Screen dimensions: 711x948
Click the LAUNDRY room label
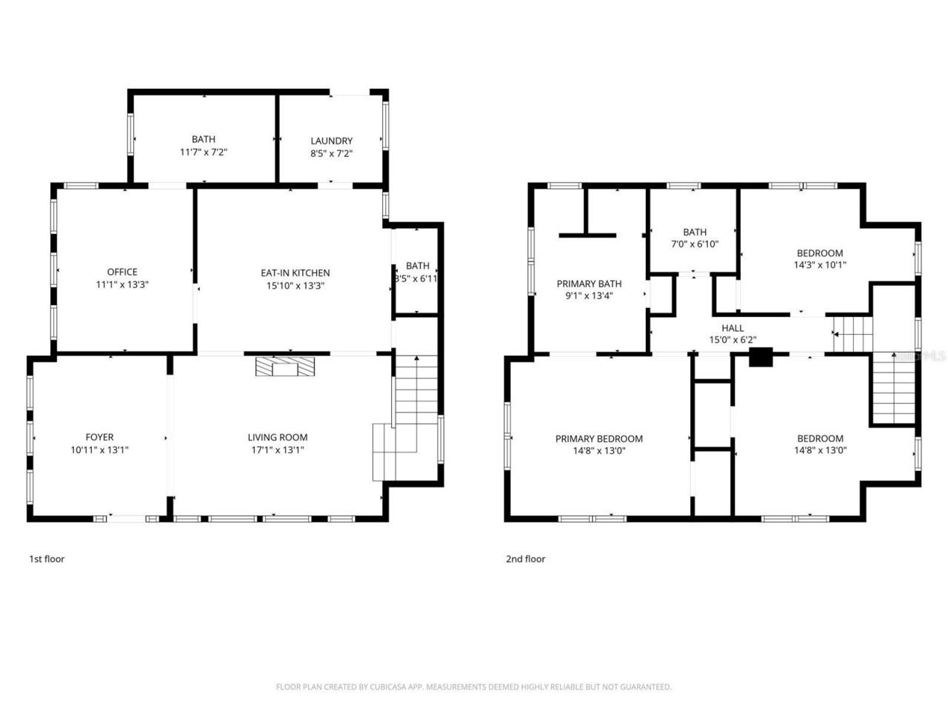pyautogui.click(x=331, y=141)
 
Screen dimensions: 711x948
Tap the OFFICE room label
pyautogui.click(x=122, y=272)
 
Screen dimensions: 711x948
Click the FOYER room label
pyautogui.click(x=99, y=437)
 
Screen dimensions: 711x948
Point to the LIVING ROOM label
pyautogui.click(x=277, y=437)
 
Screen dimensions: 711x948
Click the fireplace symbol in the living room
pyautogui.click(x=285, y=367)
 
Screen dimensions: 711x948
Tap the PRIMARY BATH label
pyautogui.click(x=589, y=284)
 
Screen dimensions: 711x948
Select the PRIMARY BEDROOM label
pyautogui.click(x=598, y=438)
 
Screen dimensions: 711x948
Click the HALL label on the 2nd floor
pyautogui.click(x=732, y=328)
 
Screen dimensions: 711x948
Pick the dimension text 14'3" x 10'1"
pyautogui.click(x=820, y=264)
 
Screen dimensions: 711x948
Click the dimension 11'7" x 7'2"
pyautogui.click(x=204, y=152)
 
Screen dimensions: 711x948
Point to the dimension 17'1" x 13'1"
pyautogui.click(x=277, y=450)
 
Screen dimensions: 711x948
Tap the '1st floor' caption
pyautogui.click(x=47, y=558)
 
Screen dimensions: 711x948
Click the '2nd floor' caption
pyautogui.click(x=525, y=558)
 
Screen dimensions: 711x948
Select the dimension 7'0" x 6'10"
pyautogui.click(x=695, y=244)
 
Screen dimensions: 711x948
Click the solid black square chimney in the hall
pyautogui.click(x=761, y=357)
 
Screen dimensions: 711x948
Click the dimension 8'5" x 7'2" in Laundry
pyautogui.click(x=331, y=153)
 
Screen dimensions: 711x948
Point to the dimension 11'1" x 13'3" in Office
pyautogui.click(x=122, y=284)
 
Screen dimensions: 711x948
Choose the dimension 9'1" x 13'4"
pyautogui.click(x=589, y=296)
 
